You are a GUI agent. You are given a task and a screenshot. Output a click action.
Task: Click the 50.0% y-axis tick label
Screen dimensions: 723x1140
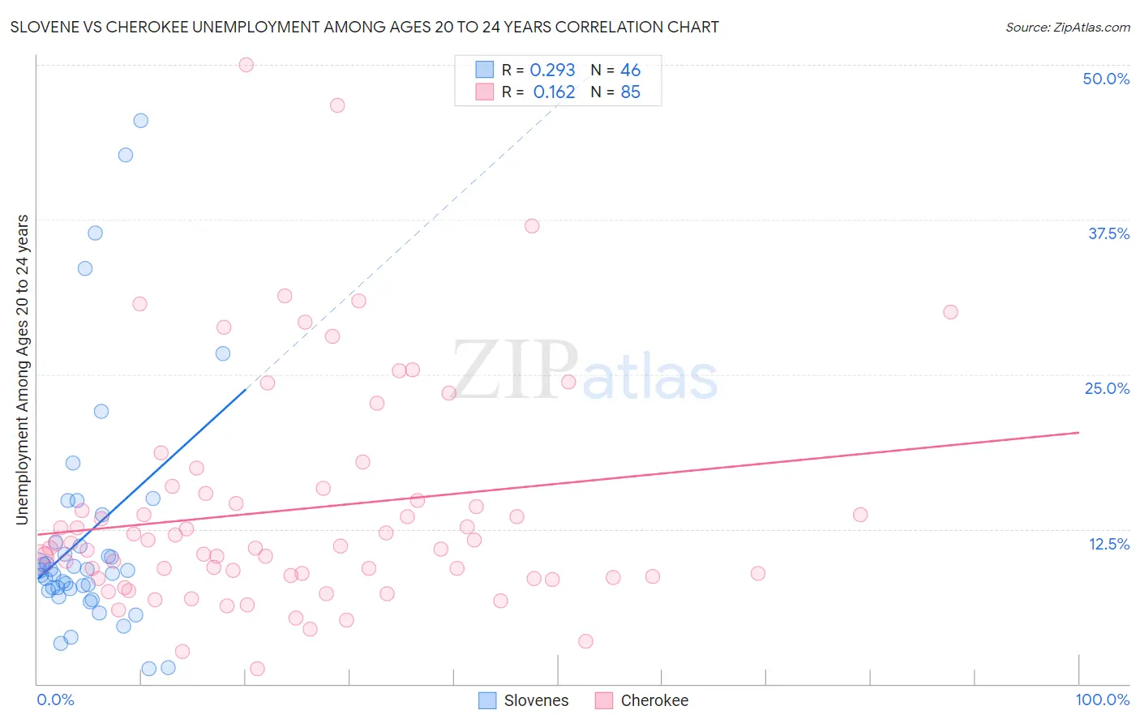1105,79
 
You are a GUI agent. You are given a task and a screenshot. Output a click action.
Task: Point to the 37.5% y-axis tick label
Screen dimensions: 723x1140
1108,233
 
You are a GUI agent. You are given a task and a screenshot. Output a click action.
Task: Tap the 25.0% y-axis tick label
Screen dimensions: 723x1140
1106,388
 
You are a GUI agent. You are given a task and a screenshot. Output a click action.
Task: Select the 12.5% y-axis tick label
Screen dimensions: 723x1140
1108,544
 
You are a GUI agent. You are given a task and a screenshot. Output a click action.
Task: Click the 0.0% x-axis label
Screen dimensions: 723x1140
55,700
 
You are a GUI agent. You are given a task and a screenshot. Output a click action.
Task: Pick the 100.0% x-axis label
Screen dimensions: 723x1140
1102,700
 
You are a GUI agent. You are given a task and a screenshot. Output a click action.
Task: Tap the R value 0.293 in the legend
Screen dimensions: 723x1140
552,71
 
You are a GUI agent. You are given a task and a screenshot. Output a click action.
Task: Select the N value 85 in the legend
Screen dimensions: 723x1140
630,92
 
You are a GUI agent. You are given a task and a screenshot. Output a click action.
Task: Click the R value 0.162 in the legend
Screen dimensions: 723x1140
554,92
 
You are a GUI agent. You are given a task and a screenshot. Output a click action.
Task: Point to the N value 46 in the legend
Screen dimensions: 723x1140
630,71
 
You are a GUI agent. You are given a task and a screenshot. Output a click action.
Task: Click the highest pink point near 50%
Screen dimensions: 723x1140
246,65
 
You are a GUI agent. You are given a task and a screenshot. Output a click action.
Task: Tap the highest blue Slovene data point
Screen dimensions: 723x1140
140,121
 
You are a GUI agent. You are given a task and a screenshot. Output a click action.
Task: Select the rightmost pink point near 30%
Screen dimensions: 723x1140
950,312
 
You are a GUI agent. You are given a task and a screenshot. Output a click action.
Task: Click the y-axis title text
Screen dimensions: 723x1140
23,370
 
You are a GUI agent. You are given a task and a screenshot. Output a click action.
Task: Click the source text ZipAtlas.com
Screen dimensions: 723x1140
1067,28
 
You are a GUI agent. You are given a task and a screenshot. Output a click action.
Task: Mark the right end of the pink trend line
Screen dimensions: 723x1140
1078,432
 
